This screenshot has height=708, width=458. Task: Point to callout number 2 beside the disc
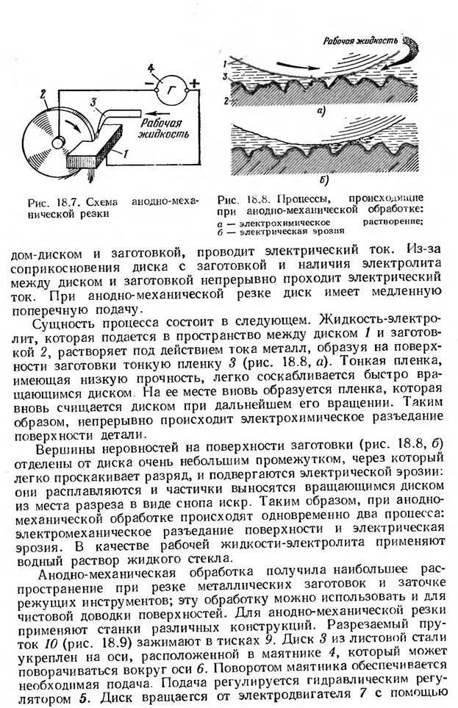(44, 93)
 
